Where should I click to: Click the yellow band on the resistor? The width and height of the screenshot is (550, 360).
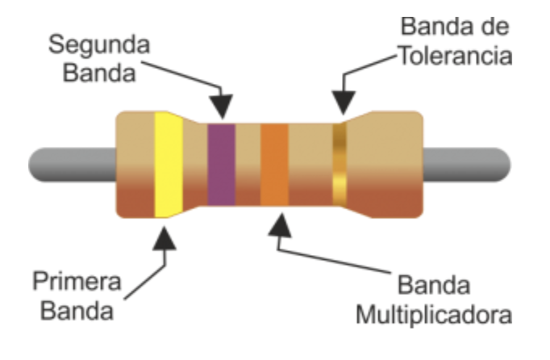point(169,165)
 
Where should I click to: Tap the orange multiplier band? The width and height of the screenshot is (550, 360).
point(274,165)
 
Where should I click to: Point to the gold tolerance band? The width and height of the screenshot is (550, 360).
point(340,165)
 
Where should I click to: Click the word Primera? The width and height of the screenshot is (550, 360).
point(77,283)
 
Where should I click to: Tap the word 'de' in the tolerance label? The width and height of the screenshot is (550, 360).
point(495,29)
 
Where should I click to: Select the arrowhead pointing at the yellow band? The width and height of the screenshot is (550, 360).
point(166,236)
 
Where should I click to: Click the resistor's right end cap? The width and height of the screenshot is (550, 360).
point(394,165)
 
